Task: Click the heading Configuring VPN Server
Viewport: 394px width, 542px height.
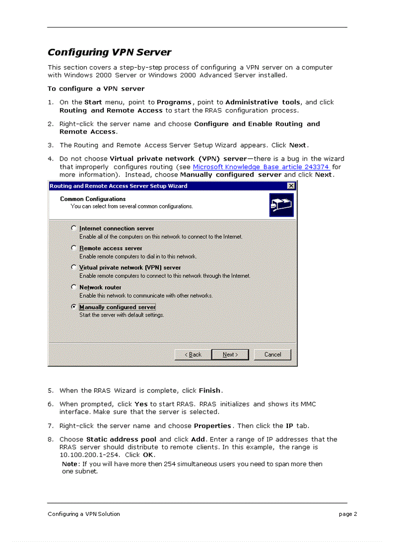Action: (109, 52)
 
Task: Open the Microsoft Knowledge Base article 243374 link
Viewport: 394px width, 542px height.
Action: (261, 167)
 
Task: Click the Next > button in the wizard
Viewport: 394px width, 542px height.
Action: (230, 355)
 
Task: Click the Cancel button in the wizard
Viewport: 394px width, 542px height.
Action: (273, 355)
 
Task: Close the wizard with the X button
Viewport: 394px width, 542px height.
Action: (291, 186)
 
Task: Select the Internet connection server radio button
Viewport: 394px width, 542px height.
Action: (74, 228)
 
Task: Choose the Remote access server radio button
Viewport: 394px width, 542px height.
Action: (74, 248)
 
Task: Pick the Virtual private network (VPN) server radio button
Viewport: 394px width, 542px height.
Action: (74, 267)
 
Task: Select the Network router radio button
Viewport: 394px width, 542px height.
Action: (74, 287)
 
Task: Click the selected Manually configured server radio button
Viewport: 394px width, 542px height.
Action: (74, 307)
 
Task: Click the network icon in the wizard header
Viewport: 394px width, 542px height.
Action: (281, 205)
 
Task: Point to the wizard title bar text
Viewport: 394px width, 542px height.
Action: (118, 186)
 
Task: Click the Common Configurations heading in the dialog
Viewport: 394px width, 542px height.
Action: (93, 199)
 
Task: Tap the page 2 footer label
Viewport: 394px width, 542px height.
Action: (348, 514)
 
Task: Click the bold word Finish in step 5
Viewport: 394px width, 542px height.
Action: (210, 390)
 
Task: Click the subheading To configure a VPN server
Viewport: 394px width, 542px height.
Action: (96, 89)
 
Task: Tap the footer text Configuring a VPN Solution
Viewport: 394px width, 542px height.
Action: (84, 514)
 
